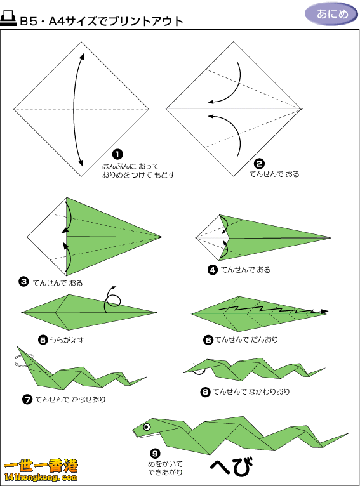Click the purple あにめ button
[x=331, y=14]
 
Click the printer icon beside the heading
[x=8, y=18]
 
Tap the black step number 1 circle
[x=117, y=154]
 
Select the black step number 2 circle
[x=259, y=164]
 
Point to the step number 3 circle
[x=24, y=282]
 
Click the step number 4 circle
[x=213, y=270]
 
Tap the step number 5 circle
[x=43, y=340]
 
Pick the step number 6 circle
[x=208, y=340]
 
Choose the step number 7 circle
[x=27, y=399]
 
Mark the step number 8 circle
[x=205, y=392]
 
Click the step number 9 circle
[x=155, y=454]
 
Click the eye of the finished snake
[x=147, y=427]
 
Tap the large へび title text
[x=231, y=466]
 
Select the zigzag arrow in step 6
[x=273, y=310]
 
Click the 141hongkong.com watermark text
[x=41, y=477]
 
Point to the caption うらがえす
[x=67, y=340]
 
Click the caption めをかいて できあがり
[x=165, y=468]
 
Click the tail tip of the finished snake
[x=349, y=433]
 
